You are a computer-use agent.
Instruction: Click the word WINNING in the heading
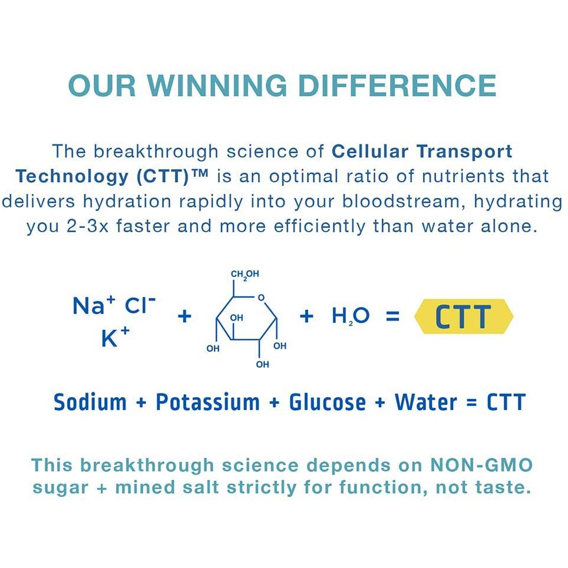[x=217, y=85]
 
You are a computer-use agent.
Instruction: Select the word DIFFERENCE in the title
[x=397, y=85]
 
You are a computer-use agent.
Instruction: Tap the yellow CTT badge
[x=464, y=316]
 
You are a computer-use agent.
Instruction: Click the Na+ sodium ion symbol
[x=94, y=305]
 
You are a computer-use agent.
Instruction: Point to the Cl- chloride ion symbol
[x=140, y=305]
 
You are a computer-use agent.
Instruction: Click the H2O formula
[x=351, y=316]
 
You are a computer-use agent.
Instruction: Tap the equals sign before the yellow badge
[x=392, y=316]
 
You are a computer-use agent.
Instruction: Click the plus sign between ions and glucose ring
[x=184, y=316]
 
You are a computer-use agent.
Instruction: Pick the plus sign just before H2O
[x=306, y=316]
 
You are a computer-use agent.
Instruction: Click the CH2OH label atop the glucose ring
[x=245, y=275]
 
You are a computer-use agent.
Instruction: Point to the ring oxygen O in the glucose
[x=261, y=298]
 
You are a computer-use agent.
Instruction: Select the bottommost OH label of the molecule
[x=262, y=364]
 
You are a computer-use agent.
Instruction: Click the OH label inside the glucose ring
[x=236, y=318]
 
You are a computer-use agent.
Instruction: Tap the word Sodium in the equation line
[x=90, y=402]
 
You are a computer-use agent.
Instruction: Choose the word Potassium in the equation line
[x=207, y=402]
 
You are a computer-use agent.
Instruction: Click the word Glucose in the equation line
[x=327, y=402]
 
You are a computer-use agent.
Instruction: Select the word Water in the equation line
[x=425, y=402]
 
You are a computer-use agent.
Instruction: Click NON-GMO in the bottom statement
[x=481, y=465]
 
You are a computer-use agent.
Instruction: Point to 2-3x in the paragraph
[x=87, y=226]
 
